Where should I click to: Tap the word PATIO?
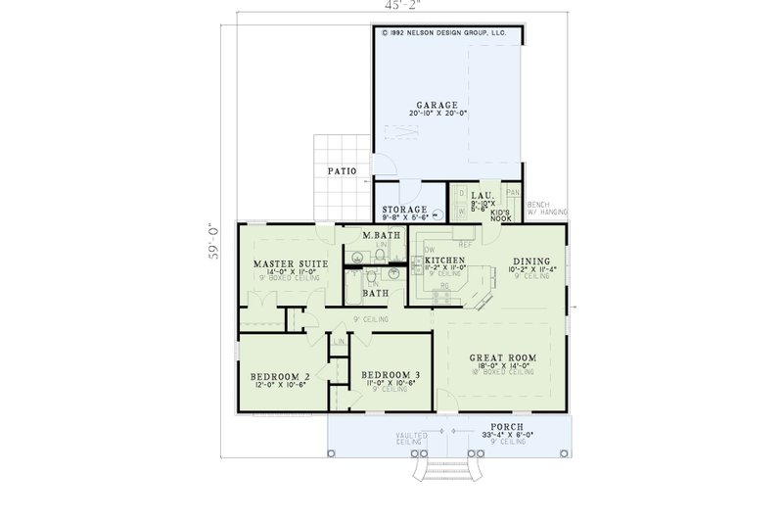tap(342, 171)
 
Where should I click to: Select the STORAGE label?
tap(404, 210)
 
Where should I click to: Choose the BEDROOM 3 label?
tap(391, 375)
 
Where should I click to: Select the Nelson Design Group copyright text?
tap(447, 32)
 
